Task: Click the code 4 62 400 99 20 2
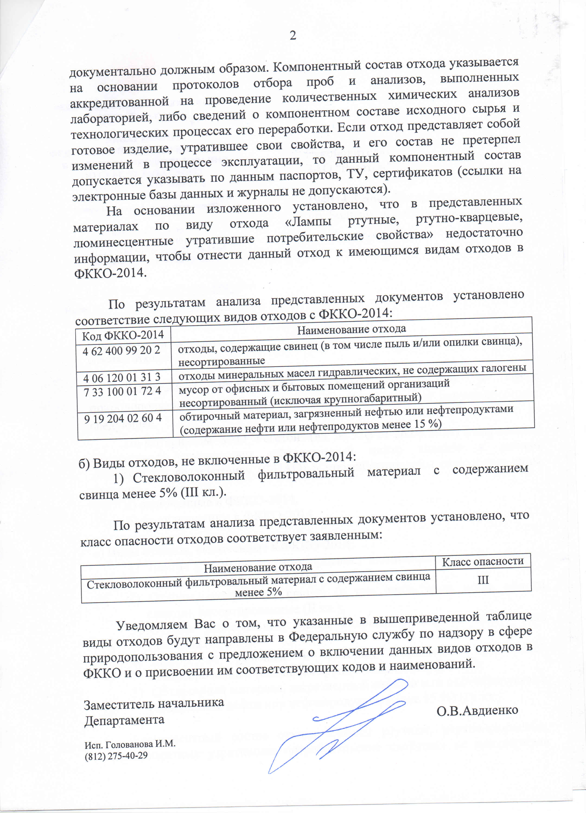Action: [121, 350]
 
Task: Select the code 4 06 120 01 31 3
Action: [121, 378]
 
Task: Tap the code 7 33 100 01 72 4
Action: [122, 391]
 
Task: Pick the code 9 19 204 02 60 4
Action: [123, 418]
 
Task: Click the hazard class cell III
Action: [483, 580]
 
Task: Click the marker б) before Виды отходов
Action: [85, 464]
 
